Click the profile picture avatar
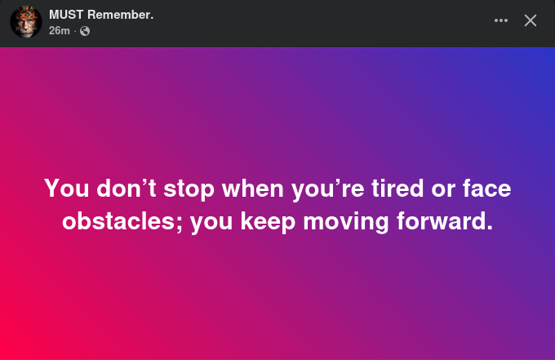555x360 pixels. [x=26, y=22]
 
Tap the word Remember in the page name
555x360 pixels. [x=118, y=15]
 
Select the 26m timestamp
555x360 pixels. [x=60, y=31]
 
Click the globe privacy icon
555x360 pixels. [x=85, y=31]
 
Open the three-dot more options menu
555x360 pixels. [x=501, y=20]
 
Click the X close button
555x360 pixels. [x=531, y=20]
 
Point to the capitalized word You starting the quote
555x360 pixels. [x=67, y=188]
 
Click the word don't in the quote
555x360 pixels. [x=127, y=188]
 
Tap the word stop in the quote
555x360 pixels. [x=189, y=189]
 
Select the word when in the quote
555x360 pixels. [x=253, y=188]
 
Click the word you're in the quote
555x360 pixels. [x=328, y=189]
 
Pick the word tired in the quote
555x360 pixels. [x=397, y=188]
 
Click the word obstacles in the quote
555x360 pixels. [x=122, y=221]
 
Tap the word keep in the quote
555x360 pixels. [x=268, y=223]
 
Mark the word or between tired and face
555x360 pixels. [x=443, y=190]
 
